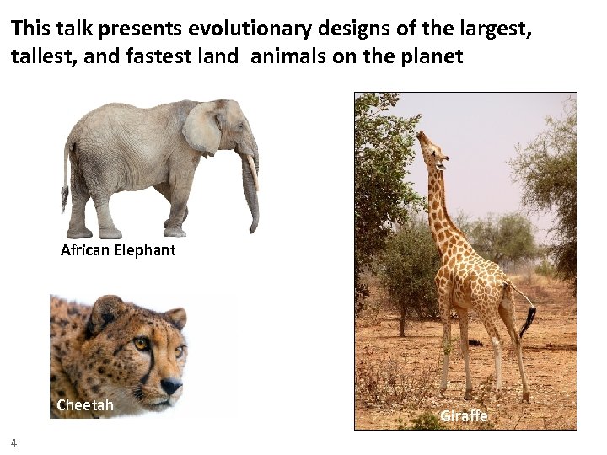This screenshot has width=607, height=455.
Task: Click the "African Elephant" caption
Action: coord(118,250)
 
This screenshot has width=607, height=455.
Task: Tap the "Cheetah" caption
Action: coord(84,405)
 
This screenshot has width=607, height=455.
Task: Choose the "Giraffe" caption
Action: coord(464,416)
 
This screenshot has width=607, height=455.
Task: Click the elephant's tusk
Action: coord(252,172)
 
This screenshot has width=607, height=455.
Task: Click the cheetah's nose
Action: coord(172,386)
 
